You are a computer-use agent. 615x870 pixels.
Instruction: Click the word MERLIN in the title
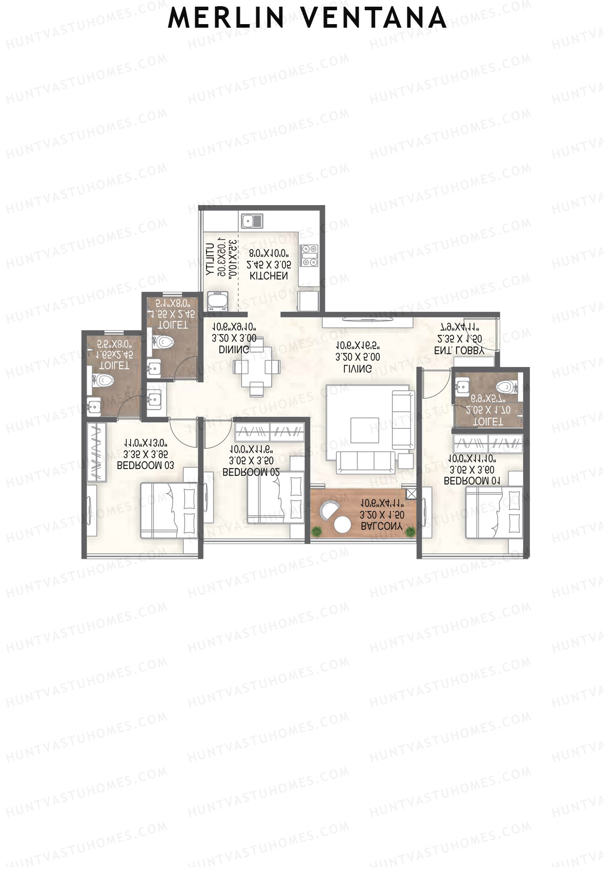[x=226, y=18]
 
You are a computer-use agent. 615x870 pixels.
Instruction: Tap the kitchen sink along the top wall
[x=252, y=221]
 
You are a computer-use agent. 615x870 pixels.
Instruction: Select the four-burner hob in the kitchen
[x=309, y=255]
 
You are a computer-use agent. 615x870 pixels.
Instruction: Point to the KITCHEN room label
[x=269, y=276]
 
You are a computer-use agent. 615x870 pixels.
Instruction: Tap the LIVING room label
[x=358, y=369]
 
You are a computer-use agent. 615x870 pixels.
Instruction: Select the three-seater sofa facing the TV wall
[x=366, y=462]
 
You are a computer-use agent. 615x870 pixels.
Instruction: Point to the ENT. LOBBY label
[x=459, y=351]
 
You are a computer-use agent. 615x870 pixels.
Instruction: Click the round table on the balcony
[x=341, y=525]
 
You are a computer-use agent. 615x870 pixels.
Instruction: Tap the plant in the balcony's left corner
[x=317, y=532]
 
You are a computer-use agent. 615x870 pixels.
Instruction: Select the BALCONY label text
[x=381, y=526]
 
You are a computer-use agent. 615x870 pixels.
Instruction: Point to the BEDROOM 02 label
[x=251, y=472]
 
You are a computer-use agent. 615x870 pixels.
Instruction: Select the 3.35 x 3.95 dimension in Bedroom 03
[x=146, y=454]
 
